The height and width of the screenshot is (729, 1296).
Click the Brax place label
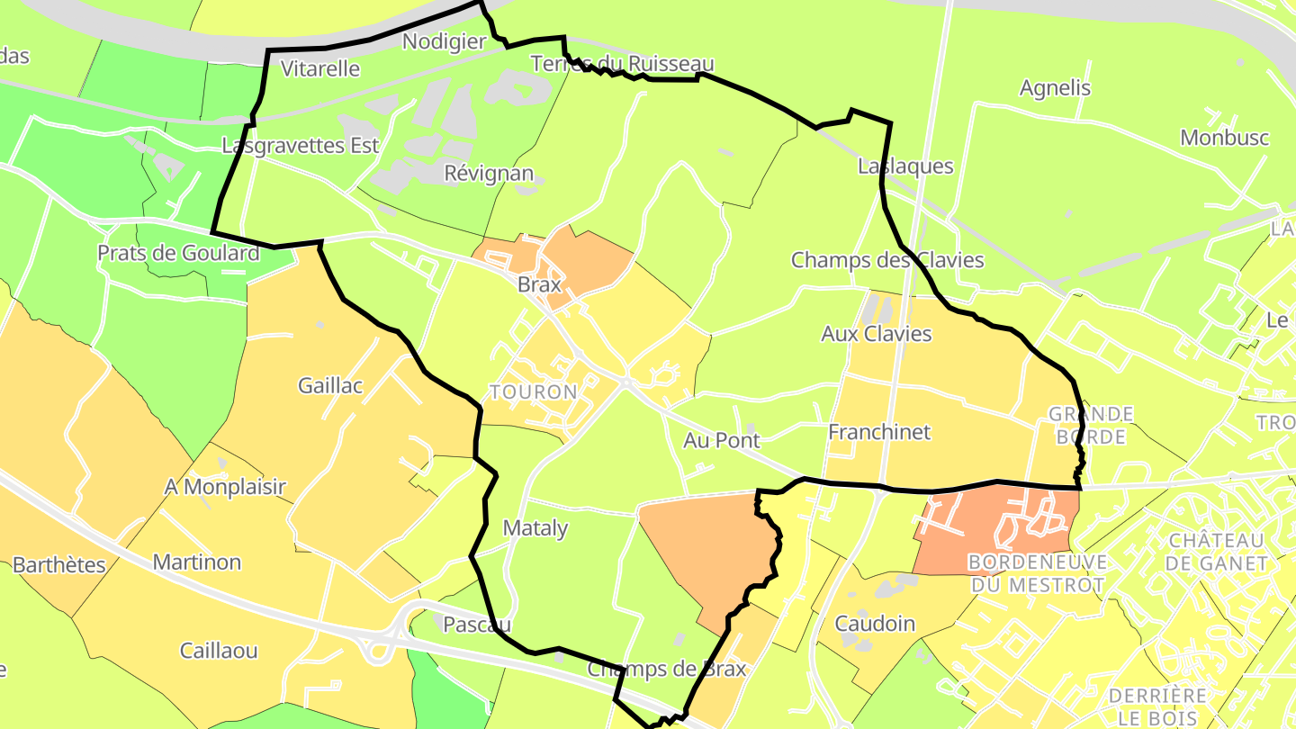(x=539, y=284)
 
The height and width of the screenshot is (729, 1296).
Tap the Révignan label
(x=489, y=173)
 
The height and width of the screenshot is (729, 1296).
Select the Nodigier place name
(x=445, y=41)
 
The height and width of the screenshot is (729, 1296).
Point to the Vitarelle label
(x=320, y=68)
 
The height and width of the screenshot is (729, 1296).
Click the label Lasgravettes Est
(x=301, y=145)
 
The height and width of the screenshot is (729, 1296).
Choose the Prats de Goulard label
(x=178, y=253)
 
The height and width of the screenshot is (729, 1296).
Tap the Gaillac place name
(x=330, y=386)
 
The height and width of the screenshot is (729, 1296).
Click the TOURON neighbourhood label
(x=534, y=392)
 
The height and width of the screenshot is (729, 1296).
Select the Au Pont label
(x=722, y=440)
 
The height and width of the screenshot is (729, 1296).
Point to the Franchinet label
(x=879, y=432)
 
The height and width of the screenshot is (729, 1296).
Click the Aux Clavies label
(x=877, y=334)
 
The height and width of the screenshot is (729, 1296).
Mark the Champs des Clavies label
(x=887, y=260)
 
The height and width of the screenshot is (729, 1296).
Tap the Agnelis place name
(x=1055, y=88)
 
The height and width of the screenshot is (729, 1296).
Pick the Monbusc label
(x=1225, y=138)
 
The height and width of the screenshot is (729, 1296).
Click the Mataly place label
(x=535, y=528)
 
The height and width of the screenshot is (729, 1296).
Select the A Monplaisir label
(x=225, y=487)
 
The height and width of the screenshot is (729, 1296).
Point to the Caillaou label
(x=219, y=651)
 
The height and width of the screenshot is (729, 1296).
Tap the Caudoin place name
(x=875, y=624)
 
